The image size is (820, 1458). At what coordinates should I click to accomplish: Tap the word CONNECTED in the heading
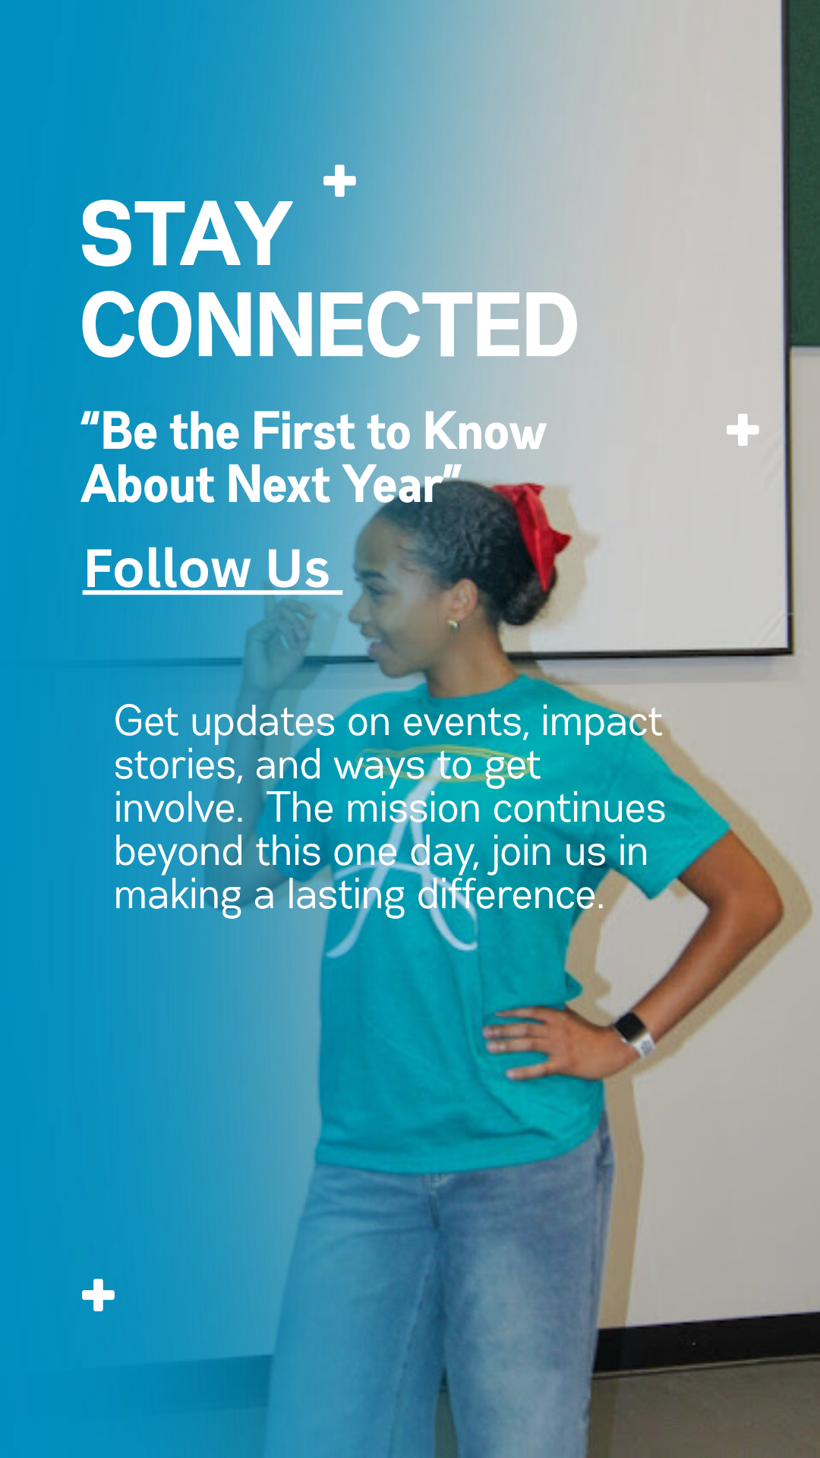pos(330,325)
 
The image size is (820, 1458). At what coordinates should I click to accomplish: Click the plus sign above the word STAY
pos(339,181)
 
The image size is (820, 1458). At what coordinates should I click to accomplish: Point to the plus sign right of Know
pos(743,430)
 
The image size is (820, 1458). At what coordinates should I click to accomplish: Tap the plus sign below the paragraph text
pos(99,1295)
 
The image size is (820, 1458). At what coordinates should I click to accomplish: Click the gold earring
pos(453,624)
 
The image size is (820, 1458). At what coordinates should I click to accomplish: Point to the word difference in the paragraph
pos(510,895)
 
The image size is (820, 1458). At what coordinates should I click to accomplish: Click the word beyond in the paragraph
pos(179,852)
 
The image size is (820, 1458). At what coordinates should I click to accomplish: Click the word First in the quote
pos(304,432)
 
